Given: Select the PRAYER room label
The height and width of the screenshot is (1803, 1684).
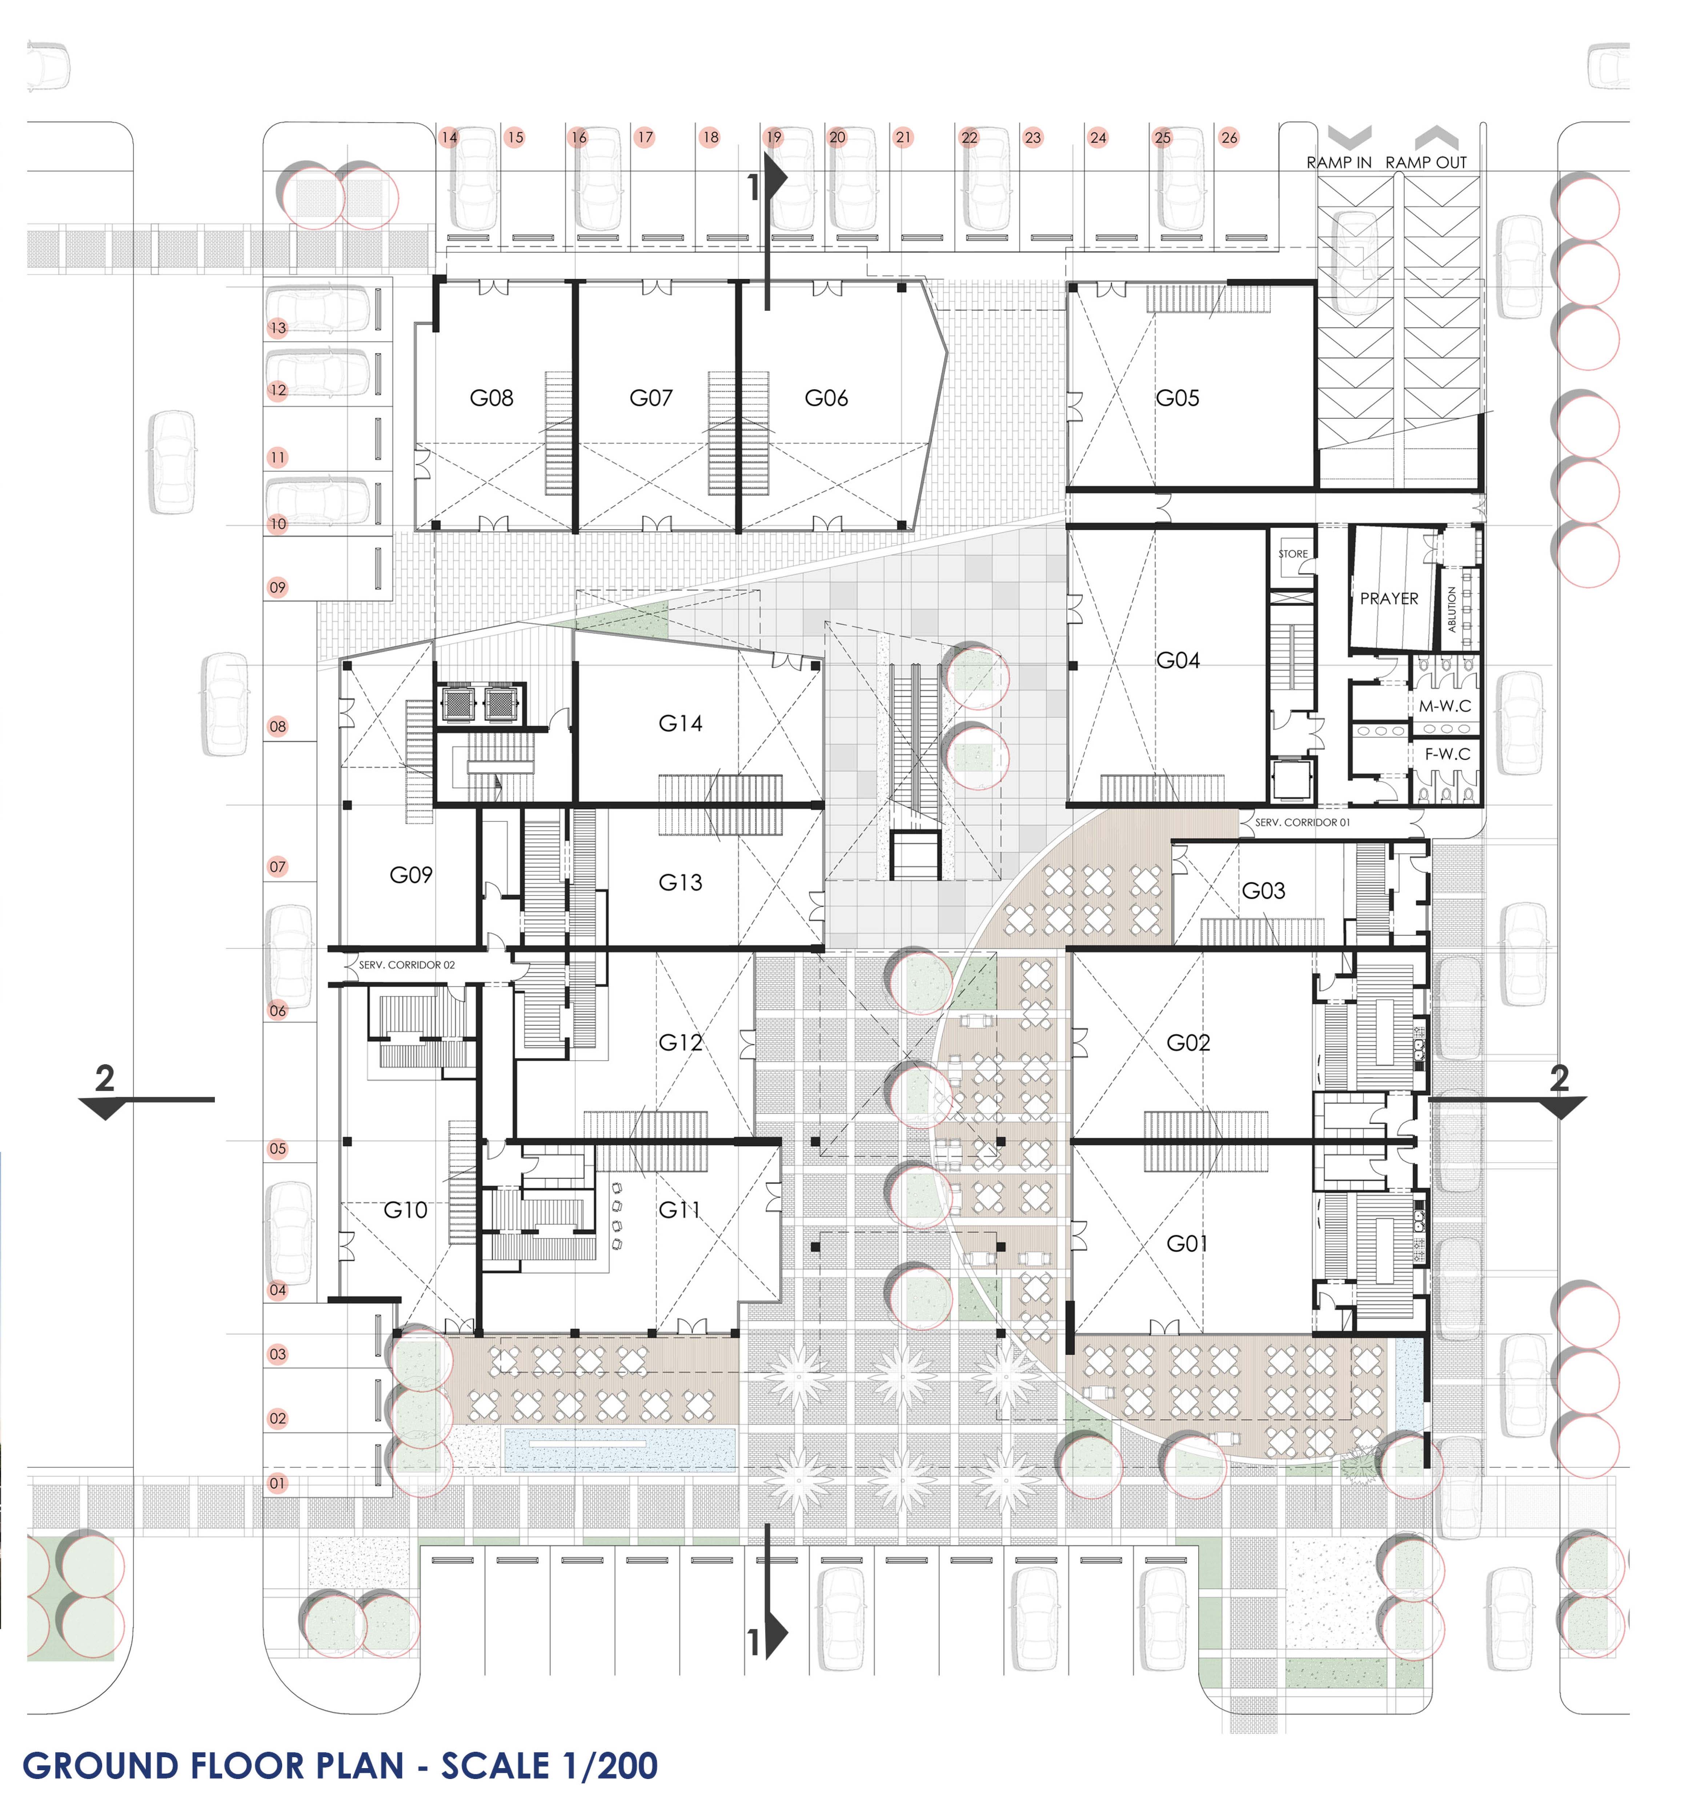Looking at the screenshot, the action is click(x=1388, y=599).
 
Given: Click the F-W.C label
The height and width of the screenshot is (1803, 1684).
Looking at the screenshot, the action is click(x=1446, y=754).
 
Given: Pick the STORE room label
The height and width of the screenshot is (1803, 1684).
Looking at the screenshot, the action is click(x=1293, y=553).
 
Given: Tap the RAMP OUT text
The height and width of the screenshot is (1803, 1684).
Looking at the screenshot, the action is click(x=1426, y=162).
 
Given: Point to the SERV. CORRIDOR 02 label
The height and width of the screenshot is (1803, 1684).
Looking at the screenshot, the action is click(x=406, y=965).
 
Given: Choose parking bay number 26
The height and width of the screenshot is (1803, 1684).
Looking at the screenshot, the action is click(x=1228, y=138).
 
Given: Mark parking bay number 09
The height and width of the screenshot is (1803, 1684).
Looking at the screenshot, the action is click(x=278, y=588).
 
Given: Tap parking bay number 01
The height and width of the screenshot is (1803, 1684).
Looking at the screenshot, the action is click(x=278, y=1484).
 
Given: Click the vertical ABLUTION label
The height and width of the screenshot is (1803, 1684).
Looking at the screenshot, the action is click(x=1452, y=609).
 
